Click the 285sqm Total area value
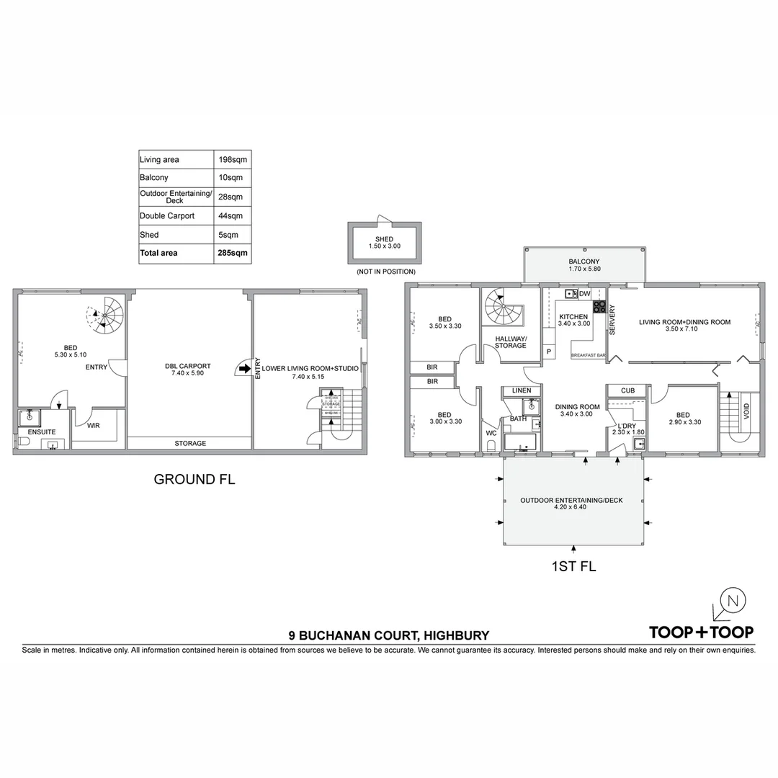click(232, 254)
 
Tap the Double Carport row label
click(166, 216)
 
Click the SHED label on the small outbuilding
click(385, 238)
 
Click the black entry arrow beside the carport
click(245, 369)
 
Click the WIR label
click(94, 426)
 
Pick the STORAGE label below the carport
click(189, 444)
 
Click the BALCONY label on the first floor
click(583, 261)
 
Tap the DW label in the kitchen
click(584, 294)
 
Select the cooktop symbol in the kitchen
click(599, 306)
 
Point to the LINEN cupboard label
click(522, 390)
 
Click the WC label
click(491, 433)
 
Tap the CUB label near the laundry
click(627, 390)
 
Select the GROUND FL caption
click(194, 479)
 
